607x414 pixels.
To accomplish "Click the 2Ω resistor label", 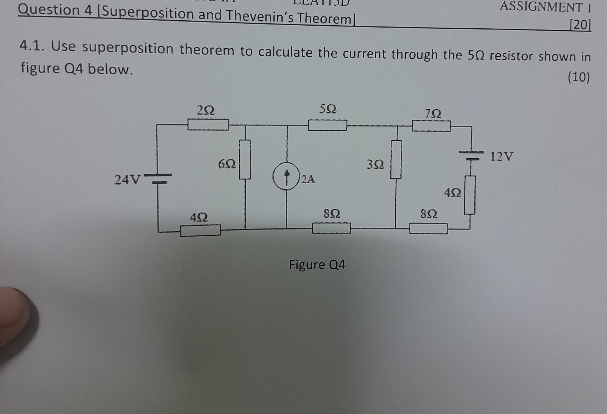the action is (x=205, y=110).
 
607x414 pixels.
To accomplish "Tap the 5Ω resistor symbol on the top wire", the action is (x=327, y=125).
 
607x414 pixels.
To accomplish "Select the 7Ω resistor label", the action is (x=433, y=113).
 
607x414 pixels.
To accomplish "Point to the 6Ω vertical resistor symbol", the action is (x=245, y=159).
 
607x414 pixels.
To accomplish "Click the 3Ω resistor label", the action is (x=375, y=164).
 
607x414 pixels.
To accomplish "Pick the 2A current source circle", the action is (x=286, y=176).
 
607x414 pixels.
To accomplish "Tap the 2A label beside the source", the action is (x=308, y=179).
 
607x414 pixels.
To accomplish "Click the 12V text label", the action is (x=502, y=156).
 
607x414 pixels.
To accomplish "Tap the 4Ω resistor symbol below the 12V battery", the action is (x=470, y=195).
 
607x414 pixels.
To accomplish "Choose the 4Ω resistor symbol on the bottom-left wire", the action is (x=201, y=230).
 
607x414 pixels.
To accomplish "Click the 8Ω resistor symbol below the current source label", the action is (x=331, y=228).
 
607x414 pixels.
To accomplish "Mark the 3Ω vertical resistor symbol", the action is (x=396, y=159).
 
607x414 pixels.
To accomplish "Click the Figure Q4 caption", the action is (x=317, y=264).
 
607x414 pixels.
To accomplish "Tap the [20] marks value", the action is (x=580, y=25).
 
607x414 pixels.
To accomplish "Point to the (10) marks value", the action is (x=578, y=77).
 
